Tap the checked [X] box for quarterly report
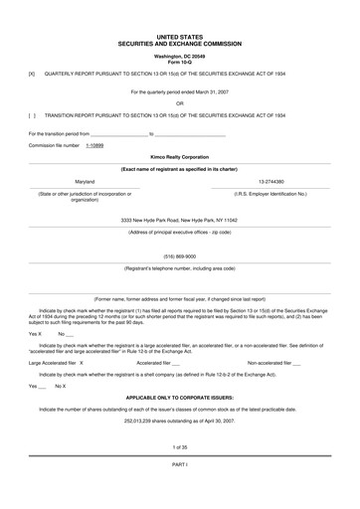tap(32, 74)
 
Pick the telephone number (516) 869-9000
tap(180, 255)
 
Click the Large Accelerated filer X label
tap(57, 363)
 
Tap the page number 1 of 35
tap(180, 446)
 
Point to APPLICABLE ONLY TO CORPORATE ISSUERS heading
tap(180, 397)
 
